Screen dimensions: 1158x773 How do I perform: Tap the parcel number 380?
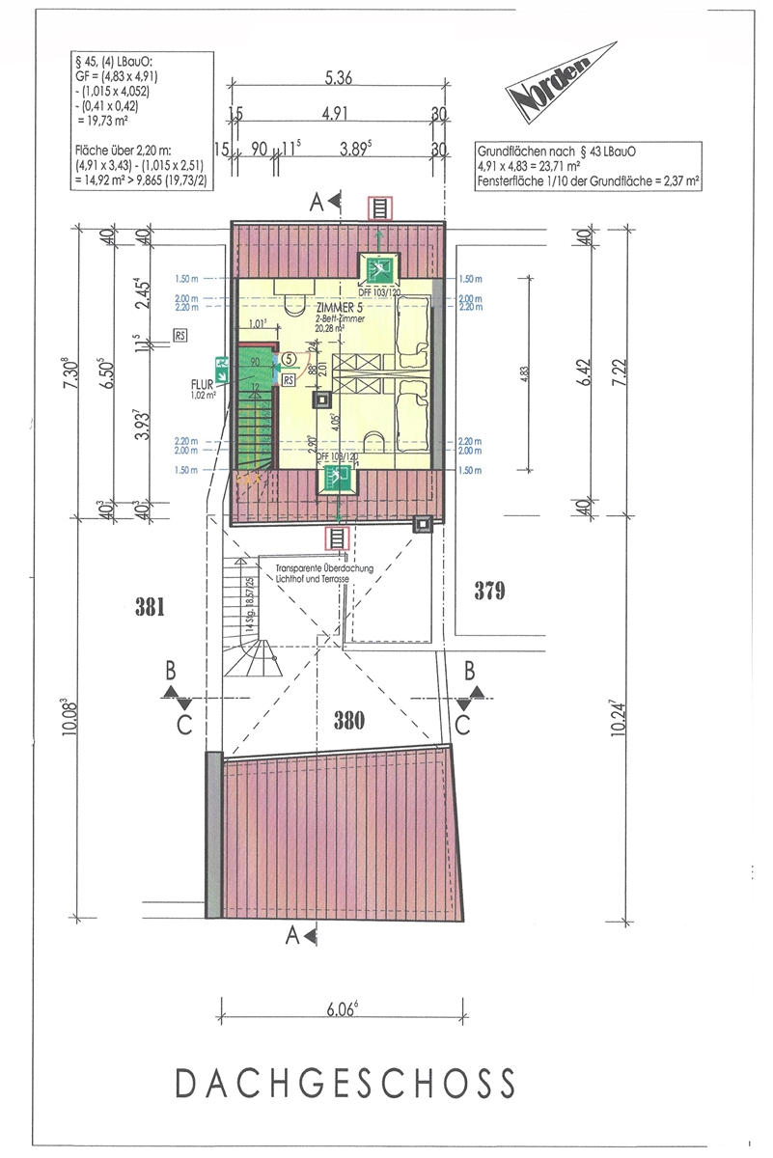coord(349,718)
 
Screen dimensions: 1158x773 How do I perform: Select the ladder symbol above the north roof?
coord(380,207)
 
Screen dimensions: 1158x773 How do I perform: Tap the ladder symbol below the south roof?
coord(339,538)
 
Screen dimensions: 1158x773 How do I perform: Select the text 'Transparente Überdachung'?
coord(320,568)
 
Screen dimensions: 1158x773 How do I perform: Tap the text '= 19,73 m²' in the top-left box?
coord(103,125)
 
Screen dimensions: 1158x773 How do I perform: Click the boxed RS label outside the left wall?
coord(179,335)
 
